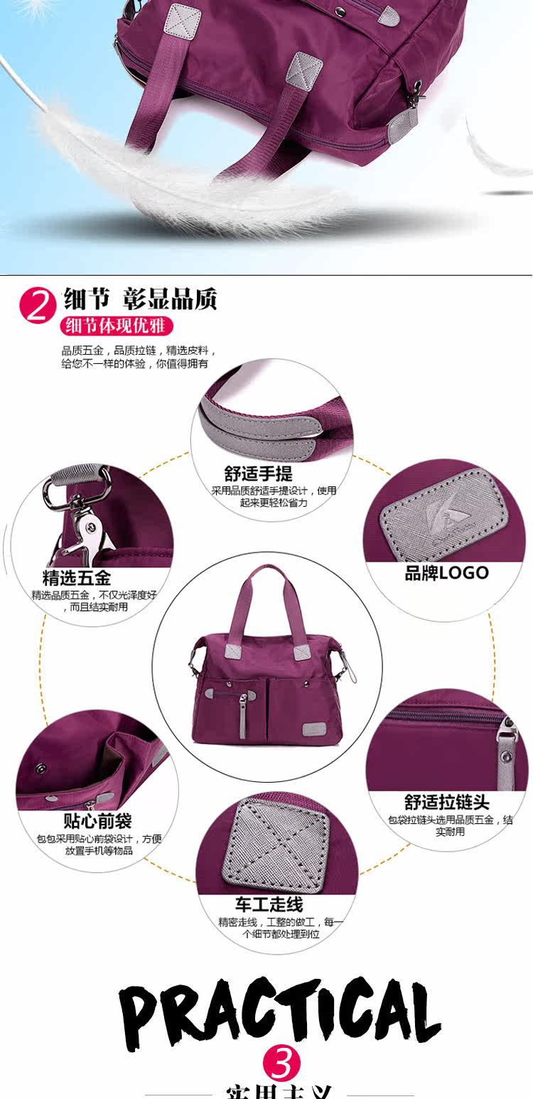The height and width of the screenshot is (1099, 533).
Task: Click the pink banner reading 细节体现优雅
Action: pyautogui.click(x=117, y=326)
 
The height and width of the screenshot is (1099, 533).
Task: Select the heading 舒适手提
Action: pyautogui.click(x=259, y=473)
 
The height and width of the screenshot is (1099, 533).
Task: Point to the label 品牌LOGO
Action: pyautogui.click(x=446, y=573)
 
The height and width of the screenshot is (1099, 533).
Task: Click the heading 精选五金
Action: pyautogui.click(x=77, y=578)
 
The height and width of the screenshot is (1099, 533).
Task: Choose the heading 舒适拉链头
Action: pyautogui.click(x=446, y=803)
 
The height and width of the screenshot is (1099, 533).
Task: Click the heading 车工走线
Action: pyautogui.click(x=269, y=904)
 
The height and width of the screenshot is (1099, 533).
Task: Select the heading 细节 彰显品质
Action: pyautogui.click(x=140, y=298)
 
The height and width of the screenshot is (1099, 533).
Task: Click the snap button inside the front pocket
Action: pyautogui.click(x=41, y=768)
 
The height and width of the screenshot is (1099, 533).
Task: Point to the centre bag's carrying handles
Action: pyautogui.click(x=265, y=601)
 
